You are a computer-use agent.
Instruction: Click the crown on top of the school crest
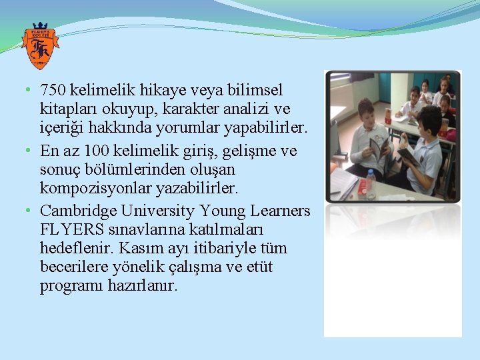pyautogui.click(x=39, y=27)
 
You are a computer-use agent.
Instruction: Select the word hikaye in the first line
pyautogui.click(x=150, y=89)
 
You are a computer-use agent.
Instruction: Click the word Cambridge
pyautogui.click(x=79, y=211)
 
